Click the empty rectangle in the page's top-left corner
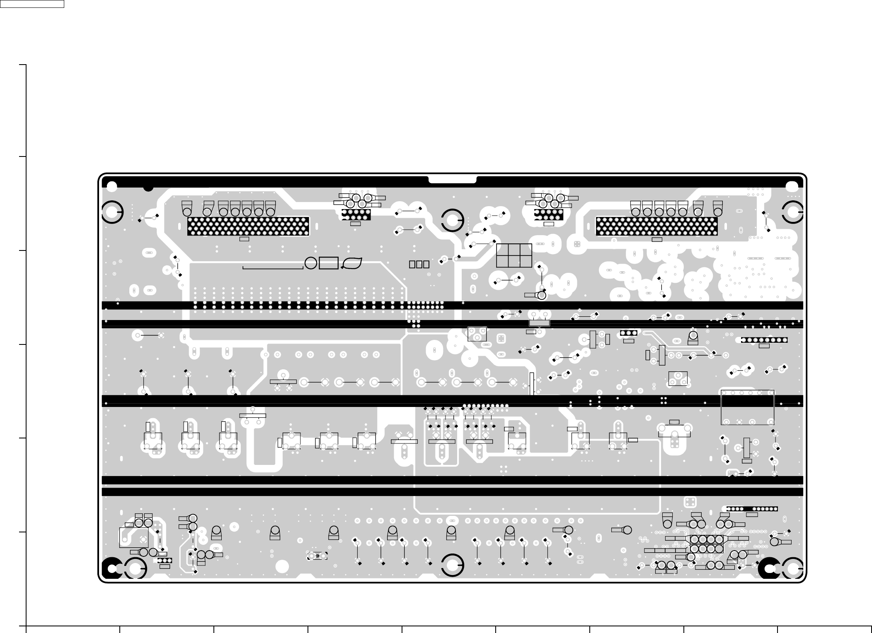pyautogui.click(x=32, y=4)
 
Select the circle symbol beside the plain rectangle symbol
pyautogui.click(x=311, y=263)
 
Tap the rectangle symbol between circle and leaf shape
pyautogui.click(x=329, y=263)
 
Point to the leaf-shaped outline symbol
pyautogui.click(x=352, y=263)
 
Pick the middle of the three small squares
pyautogui.click(x=419, y=264)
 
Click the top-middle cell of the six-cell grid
pyautogui.click(x=514, y=250)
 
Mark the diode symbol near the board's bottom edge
pyautogui.click(x=317, y=556)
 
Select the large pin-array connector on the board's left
pyautogui.click(x=248, y=226)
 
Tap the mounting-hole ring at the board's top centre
pyautogui.click(x=452, y=220)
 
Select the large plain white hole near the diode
pyautogui.click(x=282, y=567)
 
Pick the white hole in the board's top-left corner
pyautogui.click(x=112, y=187)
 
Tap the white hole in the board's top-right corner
pyautogui.click(x=792, y=187)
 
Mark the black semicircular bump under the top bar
pyautogui.click(x=148, y=188)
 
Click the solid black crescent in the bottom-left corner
pyautogui.click(x=111, y=568)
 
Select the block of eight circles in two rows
pyautogui.click(x=707, y=544)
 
